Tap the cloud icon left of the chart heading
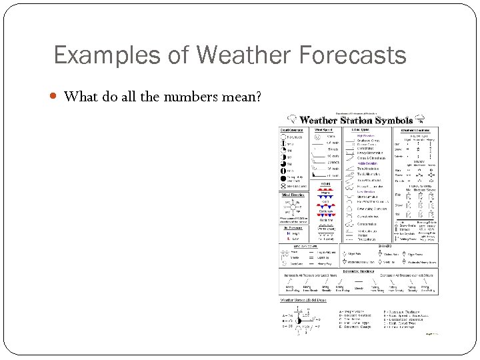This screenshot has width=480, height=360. [290, 119]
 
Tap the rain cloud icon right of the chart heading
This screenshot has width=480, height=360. [421, 119]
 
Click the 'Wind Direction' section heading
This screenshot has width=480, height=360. [293, 195]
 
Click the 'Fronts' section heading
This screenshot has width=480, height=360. [325, 184]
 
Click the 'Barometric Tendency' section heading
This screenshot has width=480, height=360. [359, 271]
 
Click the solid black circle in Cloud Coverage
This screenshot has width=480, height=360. [284, 179]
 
